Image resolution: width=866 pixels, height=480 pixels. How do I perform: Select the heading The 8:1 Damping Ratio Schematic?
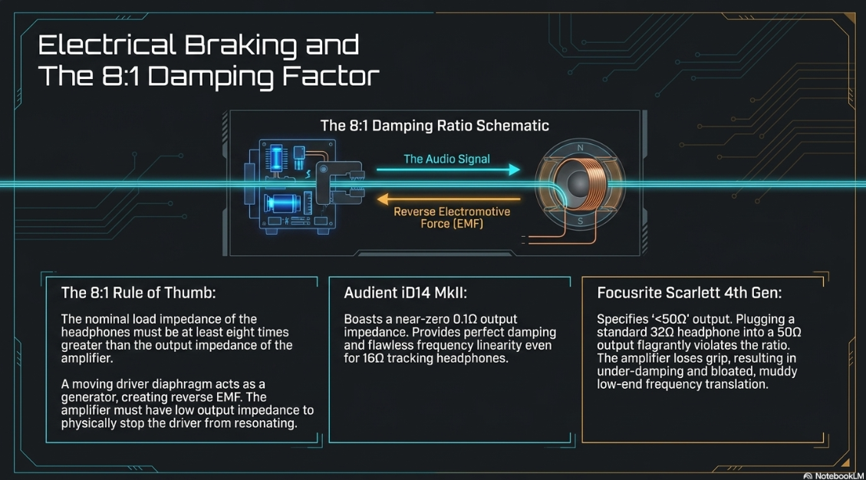click(435, 126)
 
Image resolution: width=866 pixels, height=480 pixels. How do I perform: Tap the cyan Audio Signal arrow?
click(448, 169)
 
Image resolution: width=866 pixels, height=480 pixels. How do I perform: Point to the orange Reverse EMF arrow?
click(448, 199)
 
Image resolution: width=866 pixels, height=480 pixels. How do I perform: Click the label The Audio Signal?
click(447, 159)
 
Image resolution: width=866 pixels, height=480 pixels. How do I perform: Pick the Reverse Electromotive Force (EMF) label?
click(452, 218)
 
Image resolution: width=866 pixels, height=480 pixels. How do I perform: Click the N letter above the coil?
click(580, 147)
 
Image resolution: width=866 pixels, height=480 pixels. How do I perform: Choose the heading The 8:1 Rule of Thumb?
click(138, 293)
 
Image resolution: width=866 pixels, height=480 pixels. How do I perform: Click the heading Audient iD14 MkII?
click(405, 293)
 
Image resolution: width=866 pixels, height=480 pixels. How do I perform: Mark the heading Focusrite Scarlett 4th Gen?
click(690, 293)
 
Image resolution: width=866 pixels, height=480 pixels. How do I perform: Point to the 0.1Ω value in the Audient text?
click(466, 319)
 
